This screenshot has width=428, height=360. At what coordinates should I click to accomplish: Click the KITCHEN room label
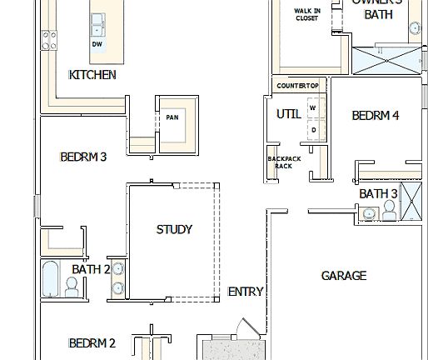pos(92,75)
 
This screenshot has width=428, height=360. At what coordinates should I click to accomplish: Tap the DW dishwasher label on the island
pos(97,44)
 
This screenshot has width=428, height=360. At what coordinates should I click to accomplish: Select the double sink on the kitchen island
pos(97,22)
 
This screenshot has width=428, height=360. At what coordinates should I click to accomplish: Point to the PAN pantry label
pos(172,117)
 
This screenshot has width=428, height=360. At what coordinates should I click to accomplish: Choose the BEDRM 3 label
pos(83,156)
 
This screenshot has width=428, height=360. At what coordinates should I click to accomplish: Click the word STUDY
pos(174,229)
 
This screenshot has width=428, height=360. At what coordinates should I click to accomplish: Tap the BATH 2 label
pos(91,269)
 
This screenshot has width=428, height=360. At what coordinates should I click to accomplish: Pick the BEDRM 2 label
pos(92,342)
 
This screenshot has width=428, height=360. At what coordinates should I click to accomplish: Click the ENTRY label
pos(246,292)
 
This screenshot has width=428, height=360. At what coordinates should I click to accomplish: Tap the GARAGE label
pos(344,275)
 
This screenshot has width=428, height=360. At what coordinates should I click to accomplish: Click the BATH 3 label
pos(378,194)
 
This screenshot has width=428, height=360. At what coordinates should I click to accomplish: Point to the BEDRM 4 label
pos(375,116)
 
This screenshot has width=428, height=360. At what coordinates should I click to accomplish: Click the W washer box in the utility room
pos(313,108)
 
